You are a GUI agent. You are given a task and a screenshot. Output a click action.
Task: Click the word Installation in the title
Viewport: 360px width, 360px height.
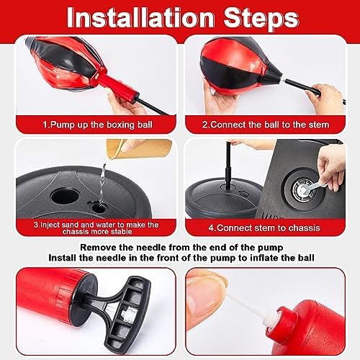coord(140,18)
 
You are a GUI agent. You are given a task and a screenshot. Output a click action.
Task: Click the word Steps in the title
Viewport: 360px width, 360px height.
coord(261,19)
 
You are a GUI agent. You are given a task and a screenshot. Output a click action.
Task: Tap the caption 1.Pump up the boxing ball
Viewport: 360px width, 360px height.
coord(97,125)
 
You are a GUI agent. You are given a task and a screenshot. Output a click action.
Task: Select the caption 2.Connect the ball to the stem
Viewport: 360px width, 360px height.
coord(266,125)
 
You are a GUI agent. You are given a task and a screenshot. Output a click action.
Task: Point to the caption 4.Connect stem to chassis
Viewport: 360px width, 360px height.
coord(264,228)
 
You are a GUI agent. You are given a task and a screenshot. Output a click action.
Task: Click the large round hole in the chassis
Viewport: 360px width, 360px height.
coord(65,196)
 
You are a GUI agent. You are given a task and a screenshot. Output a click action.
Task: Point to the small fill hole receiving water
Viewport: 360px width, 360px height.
coord(99,208)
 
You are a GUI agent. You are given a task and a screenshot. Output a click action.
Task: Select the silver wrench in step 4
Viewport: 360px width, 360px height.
coord(312,187)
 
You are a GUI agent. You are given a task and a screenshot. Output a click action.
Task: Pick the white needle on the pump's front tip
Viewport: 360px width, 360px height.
coord(251,309)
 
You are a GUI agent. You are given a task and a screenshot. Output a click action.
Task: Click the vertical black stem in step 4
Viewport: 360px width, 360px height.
coord(228,166)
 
